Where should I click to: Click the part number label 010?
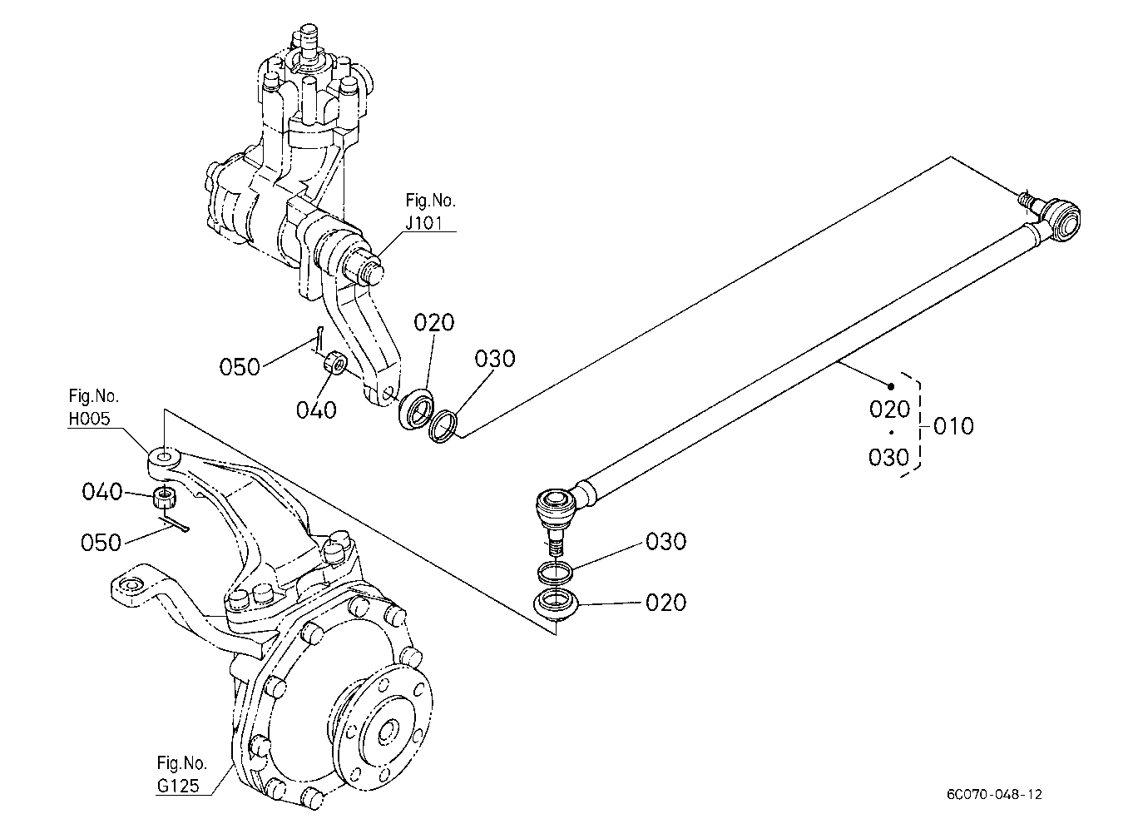(953, 426)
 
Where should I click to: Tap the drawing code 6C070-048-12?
(994, 795)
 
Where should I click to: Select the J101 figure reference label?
(423, 223)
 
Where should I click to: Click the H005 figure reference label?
(89, 419)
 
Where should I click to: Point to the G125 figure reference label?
(178, 786)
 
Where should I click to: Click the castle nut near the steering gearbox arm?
(335, 363)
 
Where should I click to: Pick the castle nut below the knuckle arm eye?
(165, 498)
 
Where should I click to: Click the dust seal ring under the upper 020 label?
(416, 409)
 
